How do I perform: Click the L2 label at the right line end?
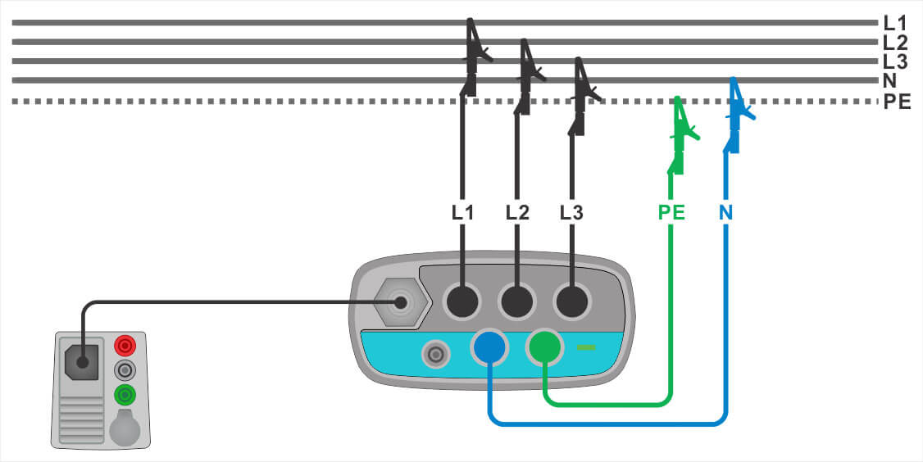[x=894, y=43]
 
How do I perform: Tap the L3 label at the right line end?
[x=894, y=61]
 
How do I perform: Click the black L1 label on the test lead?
[x=463, y=212]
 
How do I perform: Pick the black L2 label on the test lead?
[x=517, y=212]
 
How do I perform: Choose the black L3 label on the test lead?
[x=571, y=212]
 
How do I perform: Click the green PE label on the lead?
[x=672, y=212]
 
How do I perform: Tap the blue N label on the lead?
[x=726, y=212]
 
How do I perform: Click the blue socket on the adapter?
[x=489, y=348]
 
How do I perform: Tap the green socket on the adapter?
[x=544, y=348]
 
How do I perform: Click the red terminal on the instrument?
[x=124, y=344]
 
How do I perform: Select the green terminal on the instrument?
[x=124, y=395]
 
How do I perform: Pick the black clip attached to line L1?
[x=474, y=56]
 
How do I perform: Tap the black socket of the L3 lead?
[x=571, y=302]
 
